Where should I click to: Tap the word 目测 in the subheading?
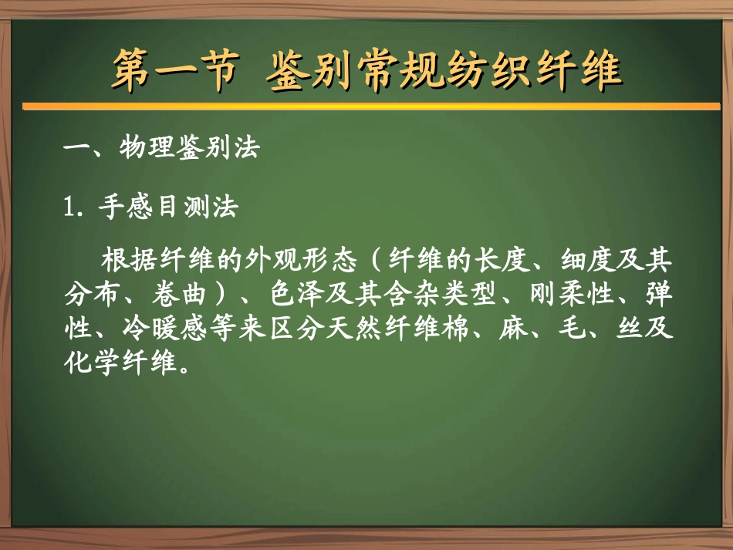pyautogui.click(x=182, y=208)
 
